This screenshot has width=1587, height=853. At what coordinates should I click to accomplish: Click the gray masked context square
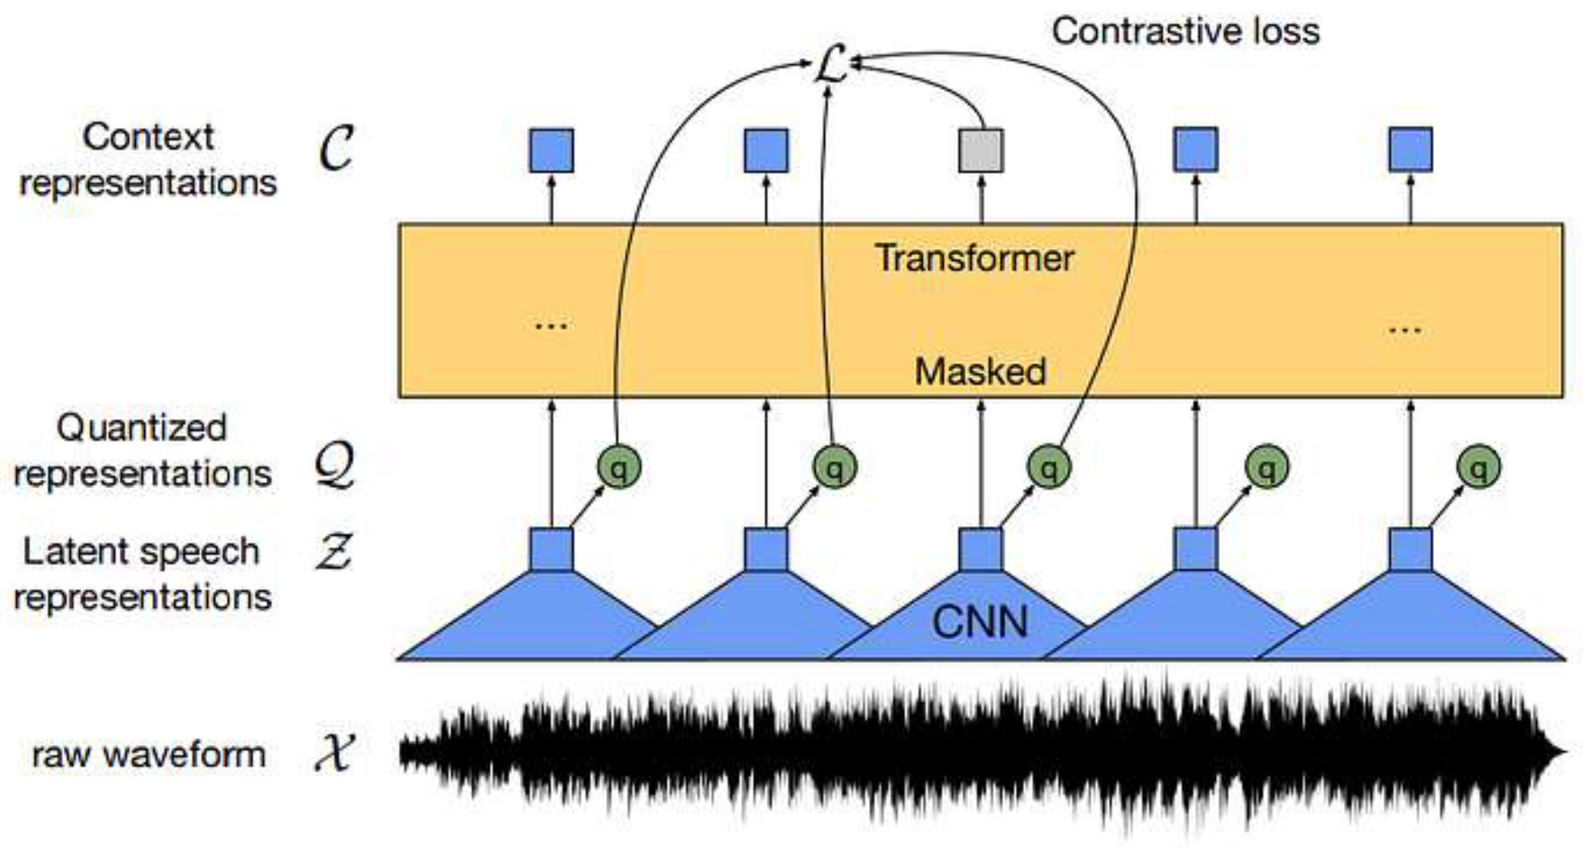click(981, 151)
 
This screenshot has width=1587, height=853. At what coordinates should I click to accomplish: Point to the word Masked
click(980, 372)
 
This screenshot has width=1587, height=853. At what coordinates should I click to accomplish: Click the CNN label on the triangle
click(980, 622)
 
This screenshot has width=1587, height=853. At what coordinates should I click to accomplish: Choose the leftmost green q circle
click(619, 467)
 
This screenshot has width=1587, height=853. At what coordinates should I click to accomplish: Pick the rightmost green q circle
click(1479, 467)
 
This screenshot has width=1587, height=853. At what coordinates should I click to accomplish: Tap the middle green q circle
click(1048, 467)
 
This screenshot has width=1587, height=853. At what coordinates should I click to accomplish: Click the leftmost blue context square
click(551, 151)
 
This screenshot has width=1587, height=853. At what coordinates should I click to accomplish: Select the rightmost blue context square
click(1410, 150)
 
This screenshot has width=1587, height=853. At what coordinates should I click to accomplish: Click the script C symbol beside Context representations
click(336, 148)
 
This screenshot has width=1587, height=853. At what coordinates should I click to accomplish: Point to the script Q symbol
click(335, 466)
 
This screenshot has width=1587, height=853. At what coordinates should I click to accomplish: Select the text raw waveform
click(148, 755)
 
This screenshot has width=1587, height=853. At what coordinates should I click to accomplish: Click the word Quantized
click(142, 428)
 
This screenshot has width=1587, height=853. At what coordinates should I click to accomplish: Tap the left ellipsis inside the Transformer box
click(551, 326)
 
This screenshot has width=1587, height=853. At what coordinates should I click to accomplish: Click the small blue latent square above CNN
click(981, 549)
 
